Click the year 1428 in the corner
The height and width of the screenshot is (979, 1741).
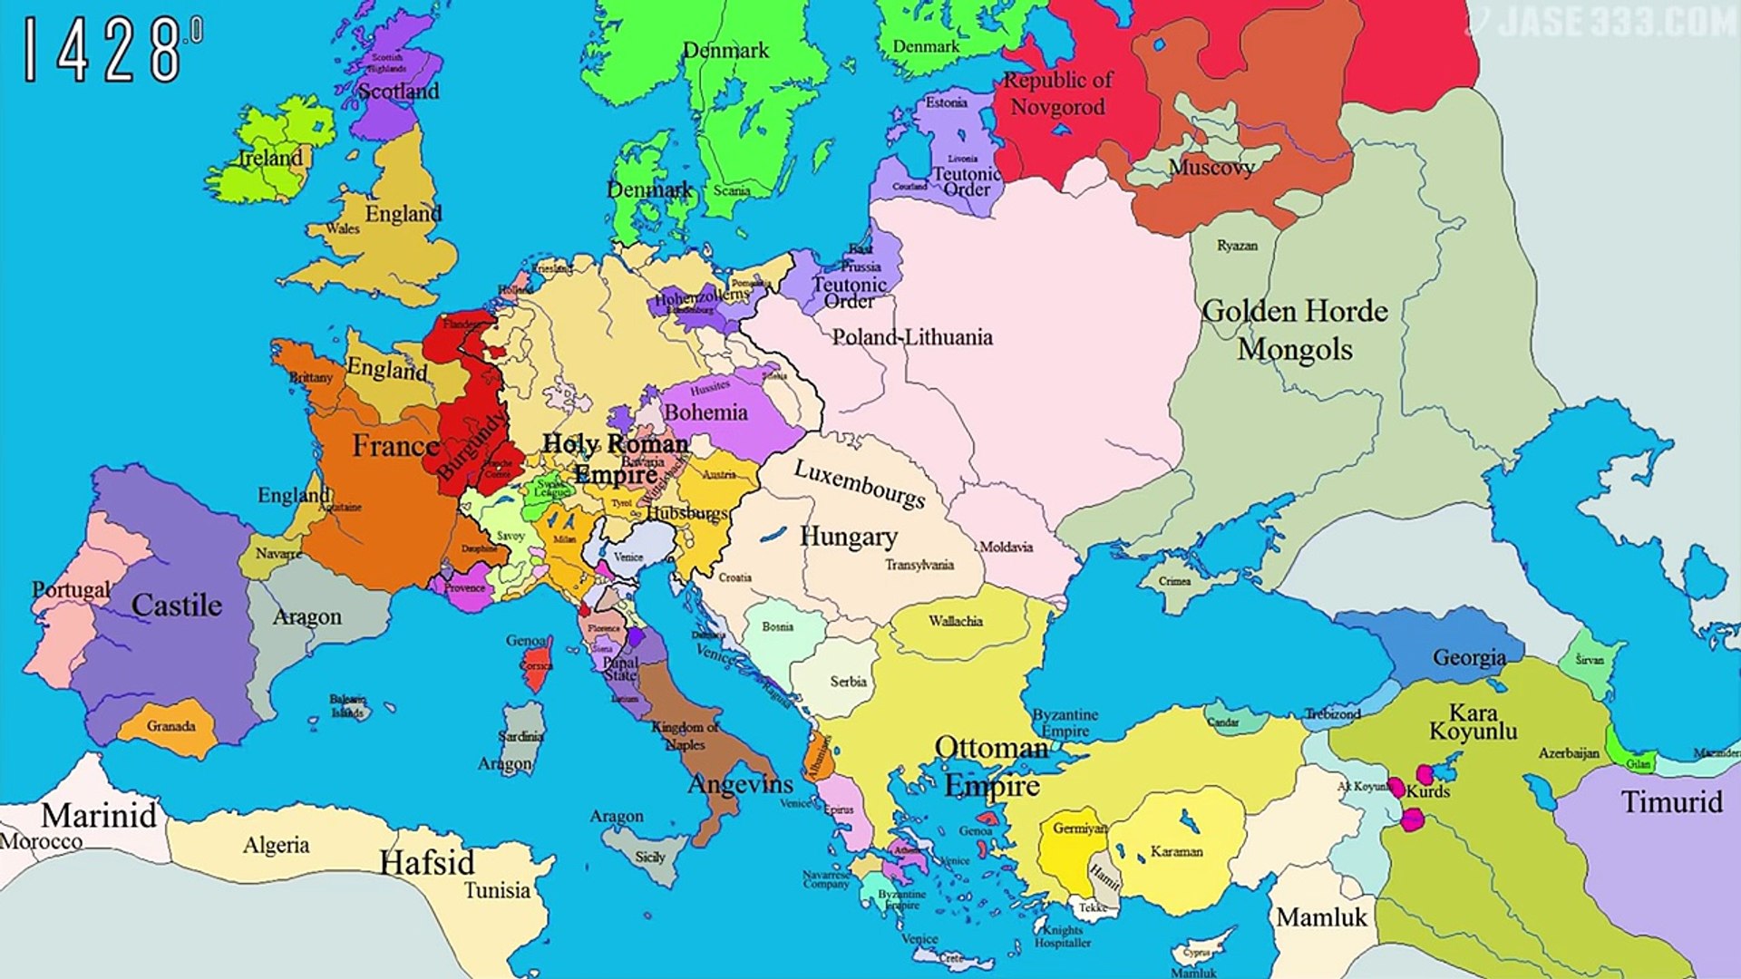click(102, 52)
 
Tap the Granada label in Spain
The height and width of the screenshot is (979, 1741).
click(170, 726)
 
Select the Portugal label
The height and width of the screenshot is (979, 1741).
click(71, 589)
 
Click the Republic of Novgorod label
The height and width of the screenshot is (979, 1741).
click(1057, 93)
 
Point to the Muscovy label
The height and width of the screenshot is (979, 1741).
click(1211, 167)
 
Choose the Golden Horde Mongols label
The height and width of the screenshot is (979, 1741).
click(1295, 330)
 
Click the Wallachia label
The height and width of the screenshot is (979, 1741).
click(955, 621)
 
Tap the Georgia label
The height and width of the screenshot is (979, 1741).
click(1469, 658)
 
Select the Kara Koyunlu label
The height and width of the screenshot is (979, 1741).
click(1473, 722)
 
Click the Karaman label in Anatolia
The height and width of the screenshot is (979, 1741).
click(1176, 851)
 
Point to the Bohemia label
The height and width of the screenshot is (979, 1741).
click(705, 412)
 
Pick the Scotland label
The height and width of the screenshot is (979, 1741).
click(398, 91)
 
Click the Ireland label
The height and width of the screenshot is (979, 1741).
click(270, 158)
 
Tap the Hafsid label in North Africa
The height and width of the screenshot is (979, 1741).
click(426, 862)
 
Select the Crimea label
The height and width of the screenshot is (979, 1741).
click(1174, 581)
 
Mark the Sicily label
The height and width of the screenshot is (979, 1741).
click(649, 857)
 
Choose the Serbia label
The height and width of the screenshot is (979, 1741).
click(848, 682)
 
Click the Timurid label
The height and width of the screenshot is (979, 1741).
click(1671, 802)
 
